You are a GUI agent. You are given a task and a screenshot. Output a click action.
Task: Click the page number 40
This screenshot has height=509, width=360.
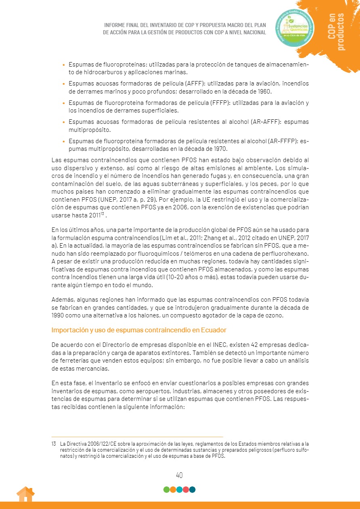(180, 475)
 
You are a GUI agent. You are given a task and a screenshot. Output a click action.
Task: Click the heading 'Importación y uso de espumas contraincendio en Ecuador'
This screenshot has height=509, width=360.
(139, 330)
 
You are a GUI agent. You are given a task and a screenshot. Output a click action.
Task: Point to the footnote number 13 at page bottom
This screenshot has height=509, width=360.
(54, 444)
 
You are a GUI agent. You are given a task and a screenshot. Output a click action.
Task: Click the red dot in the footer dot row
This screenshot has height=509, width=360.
(186, 490)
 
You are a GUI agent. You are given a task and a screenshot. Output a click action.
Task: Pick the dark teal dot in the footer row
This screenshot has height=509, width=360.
(193, 490)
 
